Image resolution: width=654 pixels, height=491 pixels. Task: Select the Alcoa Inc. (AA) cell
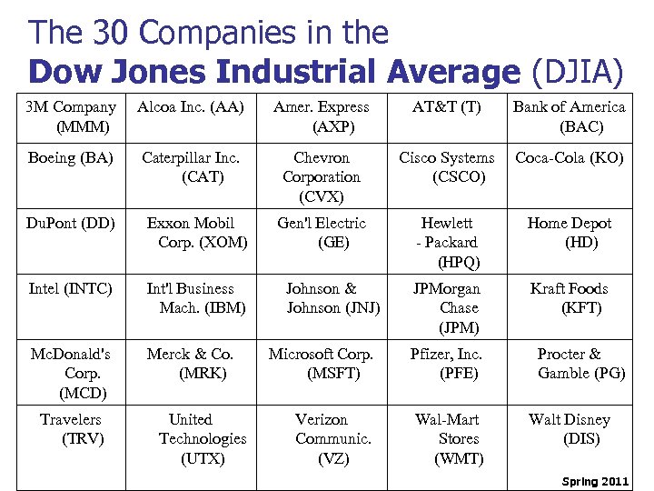pos(191,108)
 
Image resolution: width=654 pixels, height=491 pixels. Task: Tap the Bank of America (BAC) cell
pos(569,117)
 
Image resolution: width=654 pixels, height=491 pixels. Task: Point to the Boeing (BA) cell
pos(71,158)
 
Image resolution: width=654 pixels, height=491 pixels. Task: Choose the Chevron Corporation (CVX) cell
pos(322,177)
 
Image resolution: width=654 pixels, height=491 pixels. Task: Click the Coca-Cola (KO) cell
pos(570,158)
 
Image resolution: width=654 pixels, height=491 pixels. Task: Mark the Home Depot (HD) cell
pos(570,233)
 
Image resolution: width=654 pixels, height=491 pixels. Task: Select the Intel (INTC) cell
pos(71,289)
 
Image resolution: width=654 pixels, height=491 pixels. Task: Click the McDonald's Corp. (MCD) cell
pos(71,374)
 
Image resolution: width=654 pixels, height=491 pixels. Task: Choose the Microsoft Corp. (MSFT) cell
pos(322,364)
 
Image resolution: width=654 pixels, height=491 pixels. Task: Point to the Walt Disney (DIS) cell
pos(570,429)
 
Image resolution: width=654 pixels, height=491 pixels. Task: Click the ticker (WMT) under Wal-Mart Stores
pos(459,458)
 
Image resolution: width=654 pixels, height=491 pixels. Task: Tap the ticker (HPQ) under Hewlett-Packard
pos(459,262)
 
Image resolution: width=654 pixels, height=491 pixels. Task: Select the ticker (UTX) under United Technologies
pos(203,458)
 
